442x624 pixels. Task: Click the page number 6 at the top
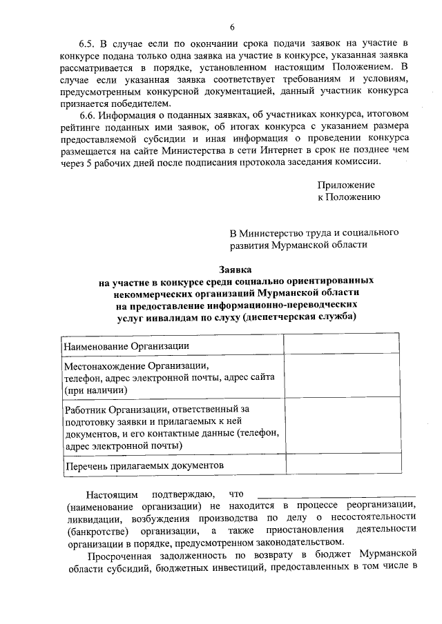(233, 27)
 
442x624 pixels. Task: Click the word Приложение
(346, 185)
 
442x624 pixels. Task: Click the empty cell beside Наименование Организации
(342, 345)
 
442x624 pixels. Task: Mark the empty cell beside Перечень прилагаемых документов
(342, 465)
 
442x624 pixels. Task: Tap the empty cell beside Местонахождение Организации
(342, 377)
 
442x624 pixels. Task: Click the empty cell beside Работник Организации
(342, 427)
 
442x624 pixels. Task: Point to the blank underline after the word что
(336, 494)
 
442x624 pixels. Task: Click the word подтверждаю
(181, 494)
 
